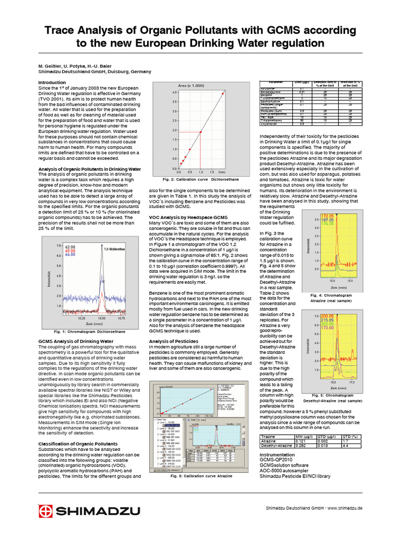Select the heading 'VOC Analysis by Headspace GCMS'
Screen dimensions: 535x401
187,216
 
